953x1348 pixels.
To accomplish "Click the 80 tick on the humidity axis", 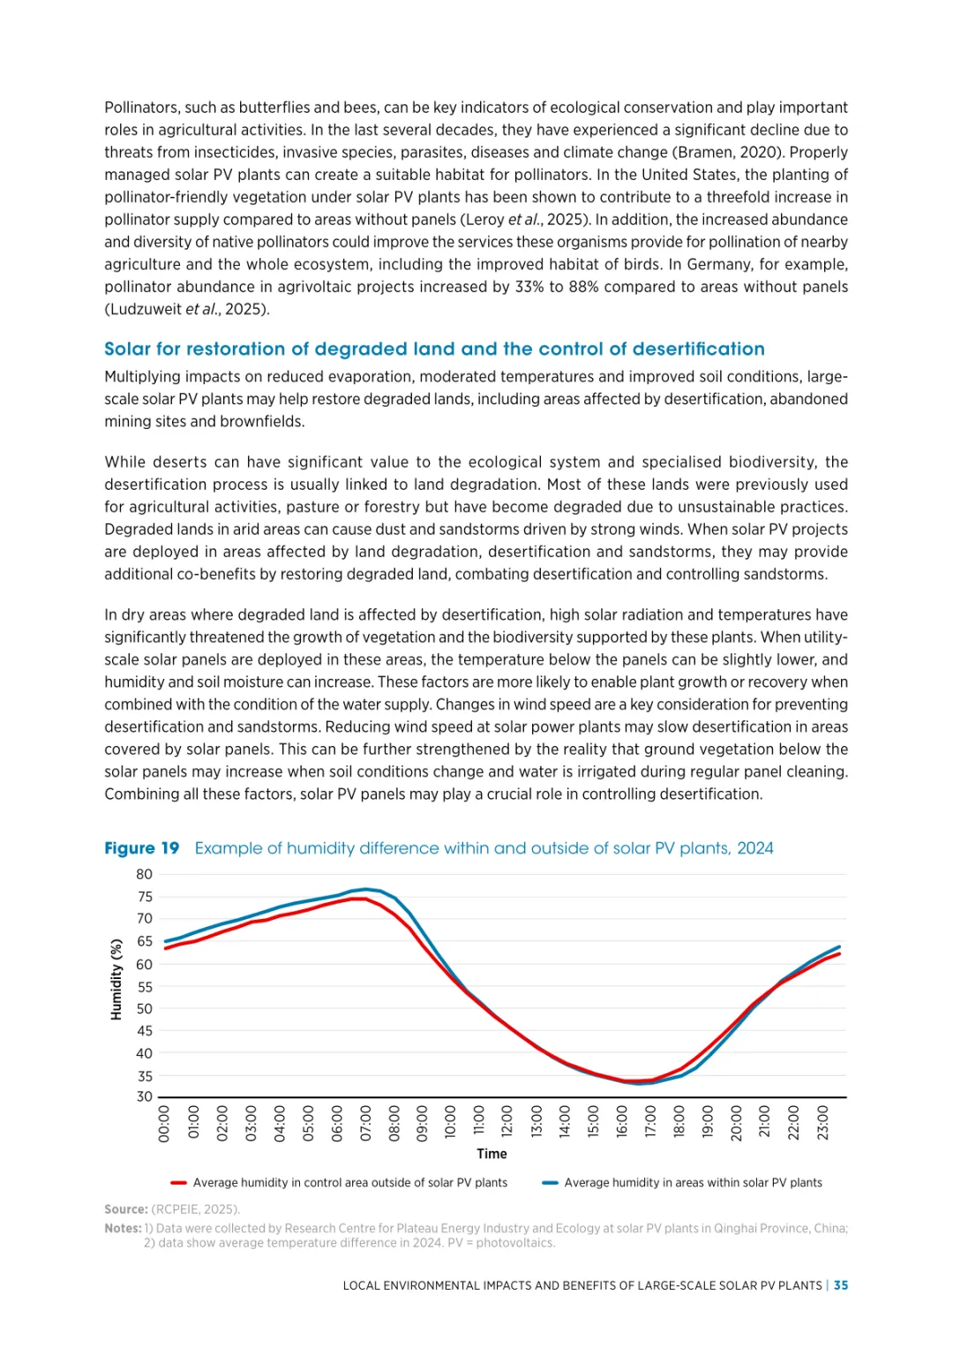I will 144,874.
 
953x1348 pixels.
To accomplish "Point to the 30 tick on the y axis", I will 144,1097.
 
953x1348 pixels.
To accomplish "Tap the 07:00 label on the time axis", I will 366,1123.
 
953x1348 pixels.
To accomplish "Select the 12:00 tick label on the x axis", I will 507,1123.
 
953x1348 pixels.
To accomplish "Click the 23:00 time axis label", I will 822,1123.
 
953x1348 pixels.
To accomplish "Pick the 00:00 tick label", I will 165,1123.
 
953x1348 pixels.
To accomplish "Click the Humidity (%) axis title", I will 116,979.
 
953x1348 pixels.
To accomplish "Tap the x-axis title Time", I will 492,1154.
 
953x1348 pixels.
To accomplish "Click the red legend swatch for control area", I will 178,1183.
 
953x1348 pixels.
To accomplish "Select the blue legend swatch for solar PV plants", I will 550,1183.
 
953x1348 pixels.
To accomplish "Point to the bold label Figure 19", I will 141,848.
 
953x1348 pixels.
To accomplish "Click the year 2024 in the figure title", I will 754,848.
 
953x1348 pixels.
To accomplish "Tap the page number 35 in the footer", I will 841,1285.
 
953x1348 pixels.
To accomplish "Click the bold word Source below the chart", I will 125,1209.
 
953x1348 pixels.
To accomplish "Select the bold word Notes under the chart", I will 123,1228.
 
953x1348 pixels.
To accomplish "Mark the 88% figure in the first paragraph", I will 602,287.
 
